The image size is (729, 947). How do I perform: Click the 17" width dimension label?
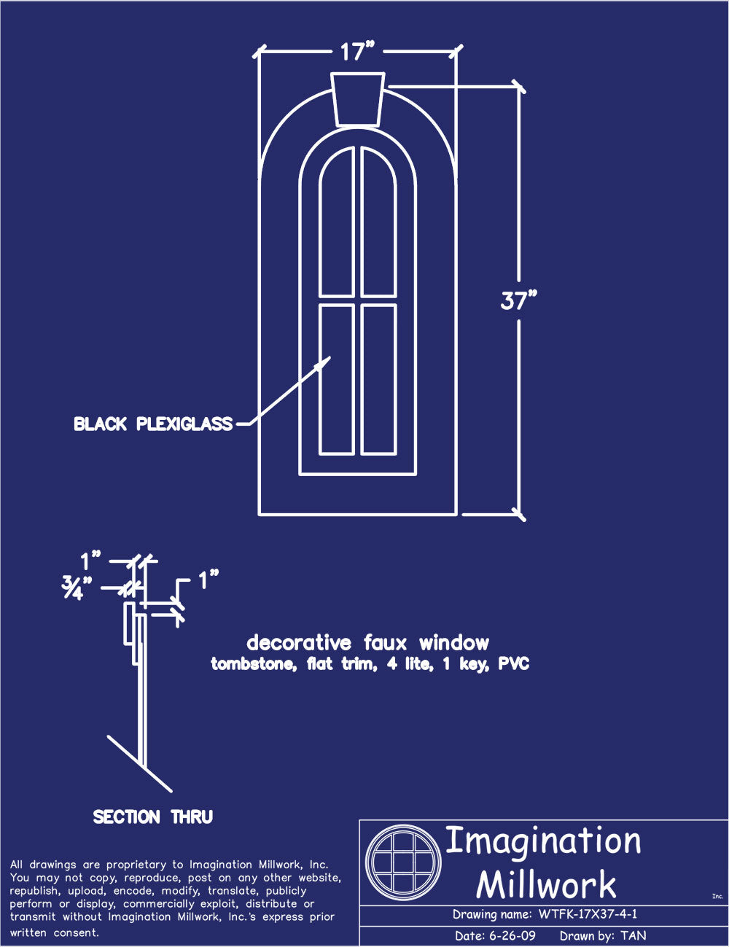357,52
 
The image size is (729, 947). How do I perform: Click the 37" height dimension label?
518,300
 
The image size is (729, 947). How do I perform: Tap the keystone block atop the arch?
357,99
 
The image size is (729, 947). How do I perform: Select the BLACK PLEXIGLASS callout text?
153,424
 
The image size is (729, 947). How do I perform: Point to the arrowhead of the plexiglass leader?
330,357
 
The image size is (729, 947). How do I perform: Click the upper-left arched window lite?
336,222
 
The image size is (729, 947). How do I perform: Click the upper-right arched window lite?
378,222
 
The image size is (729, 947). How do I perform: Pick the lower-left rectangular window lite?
336,380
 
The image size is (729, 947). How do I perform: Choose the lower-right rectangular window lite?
378,380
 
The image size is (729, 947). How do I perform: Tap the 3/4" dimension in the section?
77,588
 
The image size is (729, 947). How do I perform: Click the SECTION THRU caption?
153,817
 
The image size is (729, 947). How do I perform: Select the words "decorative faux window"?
367,643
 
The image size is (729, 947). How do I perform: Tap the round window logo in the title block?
403,862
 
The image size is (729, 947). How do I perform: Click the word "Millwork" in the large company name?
545,884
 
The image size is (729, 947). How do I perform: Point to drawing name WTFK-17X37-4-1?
588,914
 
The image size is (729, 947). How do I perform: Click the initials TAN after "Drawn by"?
634,935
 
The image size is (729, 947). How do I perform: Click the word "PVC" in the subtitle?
514,663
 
